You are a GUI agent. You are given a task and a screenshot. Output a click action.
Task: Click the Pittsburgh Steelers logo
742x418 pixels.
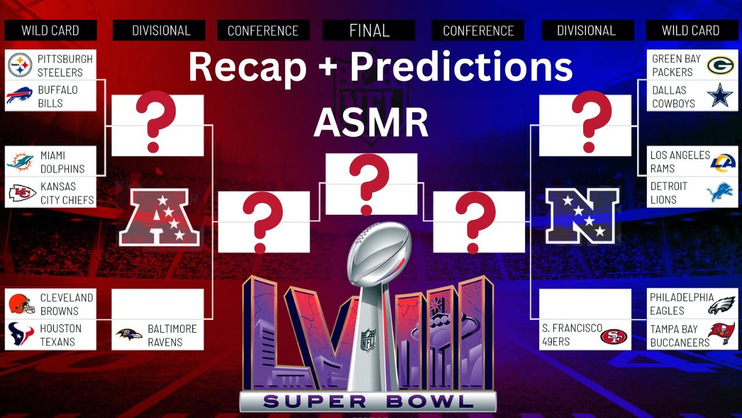20,65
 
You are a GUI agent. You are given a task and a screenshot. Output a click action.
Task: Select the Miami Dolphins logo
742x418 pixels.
20,162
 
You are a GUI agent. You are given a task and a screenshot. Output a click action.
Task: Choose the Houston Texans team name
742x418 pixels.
60,335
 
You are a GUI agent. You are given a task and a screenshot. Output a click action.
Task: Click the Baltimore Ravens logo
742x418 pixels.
129,335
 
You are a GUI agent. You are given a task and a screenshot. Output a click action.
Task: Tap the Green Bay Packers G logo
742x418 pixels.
721,65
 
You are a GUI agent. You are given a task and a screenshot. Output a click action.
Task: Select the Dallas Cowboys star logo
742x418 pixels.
721,96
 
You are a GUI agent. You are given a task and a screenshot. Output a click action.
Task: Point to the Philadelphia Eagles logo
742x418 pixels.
721,304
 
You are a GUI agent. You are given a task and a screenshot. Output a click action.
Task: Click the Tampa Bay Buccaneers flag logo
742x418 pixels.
721,334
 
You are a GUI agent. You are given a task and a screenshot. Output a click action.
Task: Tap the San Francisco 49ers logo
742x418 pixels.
614,336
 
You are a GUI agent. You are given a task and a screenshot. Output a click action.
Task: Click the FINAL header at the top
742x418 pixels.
369,30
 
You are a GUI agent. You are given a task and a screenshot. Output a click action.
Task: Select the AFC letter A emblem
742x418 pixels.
159,217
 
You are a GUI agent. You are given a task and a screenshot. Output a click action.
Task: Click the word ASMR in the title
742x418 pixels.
371,122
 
